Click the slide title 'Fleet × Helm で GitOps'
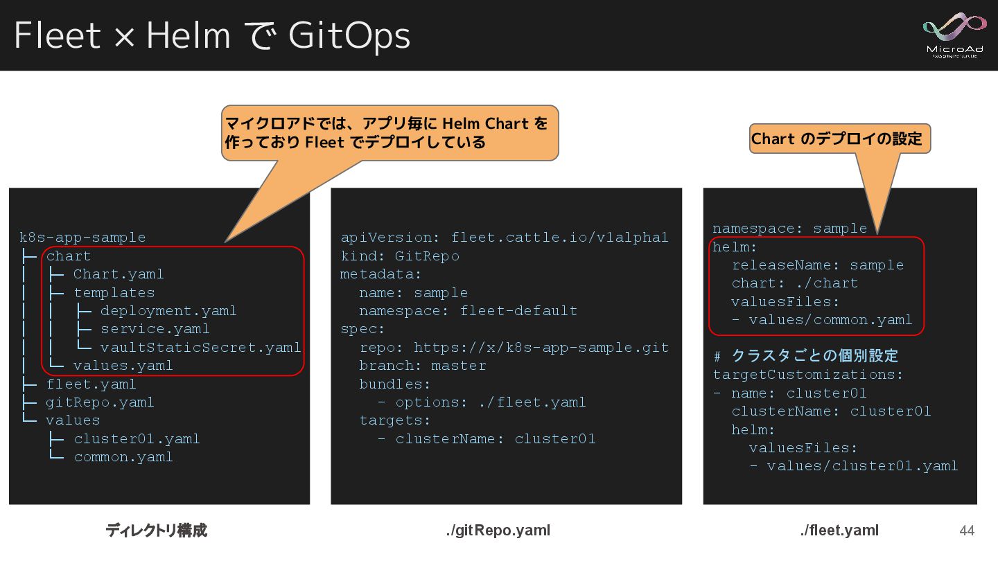(212, 35)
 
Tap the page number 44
(966, 531)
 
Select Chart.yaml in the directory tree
(119, 274)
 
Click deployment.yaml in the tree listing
(168, 311)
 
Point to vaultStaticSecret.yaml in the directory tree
(200, 347)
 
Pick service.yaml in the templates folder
(155, 329)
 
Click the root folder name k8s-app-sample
(82, 238)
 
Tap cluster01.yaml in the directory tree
(137, 439)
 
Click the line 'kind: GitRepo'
(400, 256)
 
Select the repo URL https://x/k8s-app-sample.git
(541, 347)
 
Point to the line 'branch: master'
(423, 366)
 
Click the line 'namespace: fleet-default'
(468, 311)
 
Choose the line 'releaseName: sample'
(818, 265)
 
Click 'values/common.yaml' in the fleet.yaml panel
(830, 320)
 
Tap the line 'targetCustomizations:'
(808, 375)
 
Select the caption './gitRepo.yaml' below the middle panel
(498, 531)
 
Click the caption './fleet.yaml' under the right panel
(839, 531)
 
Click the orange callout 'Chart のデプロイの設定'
(839, 139)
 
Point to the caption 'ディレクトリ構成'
(156, 531)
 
